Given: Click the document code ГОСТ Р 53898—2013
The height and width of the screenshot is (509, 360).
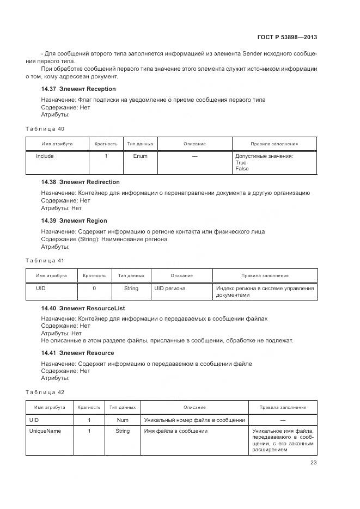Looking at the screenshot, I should (286, 38).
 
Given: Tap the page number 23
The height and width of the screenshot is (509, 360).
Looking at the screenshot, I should (313, 463).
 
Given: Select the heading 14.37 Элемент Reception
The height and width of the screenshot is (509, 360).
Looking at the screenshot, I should (78, 89).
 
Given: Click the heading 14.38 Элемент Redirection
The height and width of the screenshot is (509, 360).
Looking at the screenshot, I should (80, 182).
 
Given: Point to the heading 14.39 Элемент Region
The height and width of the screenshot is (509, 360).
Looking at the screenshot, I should (74, 220).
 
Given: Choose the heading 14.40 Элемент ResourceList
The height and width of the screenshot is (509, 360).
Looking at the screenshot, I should (83, 308).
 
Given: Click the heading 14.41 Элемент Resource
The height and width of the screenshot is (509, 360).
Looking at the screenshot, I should (77, 353).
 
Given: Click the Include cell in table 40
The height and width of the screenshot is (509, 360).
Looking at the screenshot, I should (45, 156).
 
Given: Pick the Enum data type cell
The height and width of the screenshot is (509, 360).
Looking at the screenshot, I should (140, 156).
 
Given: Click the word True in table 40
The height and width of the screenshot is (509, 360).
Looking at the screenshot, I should (241, 163).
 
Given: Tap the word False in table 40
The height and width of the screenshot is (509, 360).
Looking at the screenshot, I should (242, 169).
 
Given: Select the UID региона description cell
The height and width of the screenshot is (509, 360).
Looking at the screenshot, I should (170, 289).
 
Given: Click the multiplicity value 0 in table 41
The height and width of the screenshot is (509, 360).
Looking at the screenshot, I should (94, 289).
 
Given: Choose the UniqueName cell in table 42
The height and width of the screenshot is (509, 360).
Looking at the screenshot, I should (45, 431).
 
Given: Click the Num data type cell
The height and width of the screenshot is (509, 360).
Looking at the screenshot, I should (123, 420).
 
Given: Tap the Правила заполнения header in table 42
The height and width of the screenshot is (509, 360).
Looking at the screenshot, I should (283, 407).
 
